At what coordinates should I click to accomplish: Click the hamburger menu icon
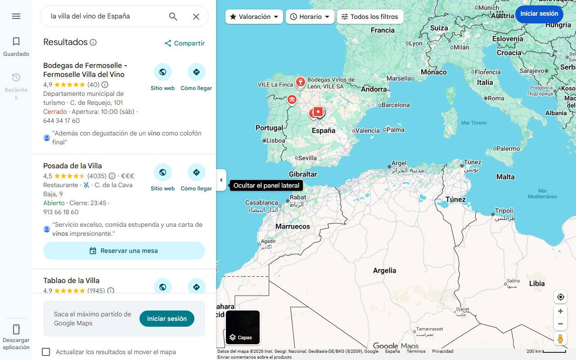click(16, 16)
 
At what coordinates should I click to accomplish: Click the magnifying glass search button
click(173, 17)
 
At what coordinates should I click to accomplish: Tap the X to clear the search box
click(196, 17)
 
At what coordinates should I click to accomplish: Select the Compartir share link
click(184, 43)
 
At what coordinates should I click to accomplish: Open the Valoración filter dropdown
click(254, 17)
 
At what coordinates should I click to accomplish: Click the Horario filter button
click(310, 17)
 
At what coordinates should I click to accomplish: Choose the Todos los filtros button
click(370, 17)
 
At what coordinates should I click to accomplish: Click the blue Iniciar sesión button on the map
click(539, 14)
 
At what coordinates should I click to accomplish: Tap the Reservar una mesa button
click(124, 251)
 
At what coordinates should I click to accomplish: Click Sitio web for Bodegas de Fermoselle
click(162, 77)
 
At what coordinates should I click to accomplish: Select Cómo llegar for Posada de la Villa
click(196, 177)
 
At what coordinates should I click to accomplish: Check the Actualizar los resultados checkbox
click(46, 352)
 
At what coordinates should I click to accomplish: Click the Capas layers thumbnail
click(243, 327)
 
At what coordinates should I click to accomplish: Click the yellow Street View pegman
click(560, 338)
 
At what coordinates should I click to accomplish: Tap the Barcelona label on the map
click(395, 105)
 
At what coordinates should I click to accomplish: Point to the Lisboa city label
click(275, 140)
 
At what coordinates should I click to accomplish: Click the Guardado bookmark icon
click(16, 42)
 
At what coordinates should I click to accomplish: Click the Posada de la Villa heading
click(72, 166)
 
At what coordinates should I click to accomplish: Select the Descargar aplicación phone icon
click(16, 329)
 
